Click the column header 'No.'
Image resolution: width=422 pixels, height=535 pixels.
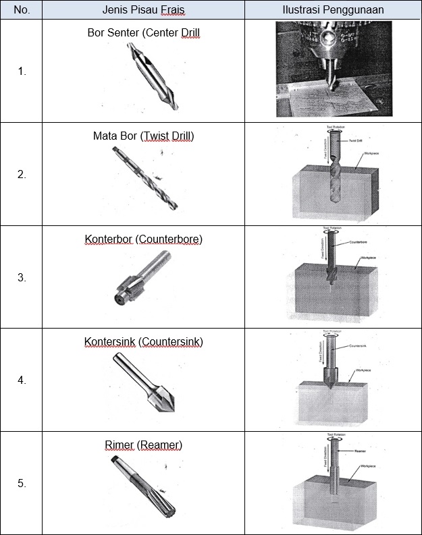pos(22,10)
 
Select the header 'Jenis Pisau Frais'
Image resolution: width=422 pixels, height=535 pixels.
pos(144,10)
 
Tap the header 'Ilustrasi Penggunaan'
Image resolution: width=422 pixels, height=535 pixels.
pos(333,10)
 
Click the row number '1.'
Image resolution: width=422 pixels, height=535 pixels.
pos(22,71)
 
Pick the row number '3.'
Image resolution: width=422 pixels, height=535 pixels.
pos(22,277)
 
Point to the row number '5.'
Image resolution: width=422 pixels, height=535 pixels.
pos(22,483)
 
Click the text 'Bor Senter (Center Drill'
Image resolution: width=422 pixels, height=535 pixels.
pos(144,32)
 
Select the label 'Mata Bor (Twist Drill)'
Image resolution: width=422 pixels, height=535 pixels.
pos(144,136)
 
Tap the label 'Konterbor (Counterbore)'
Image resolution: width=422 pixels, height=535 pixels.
pos(144,239)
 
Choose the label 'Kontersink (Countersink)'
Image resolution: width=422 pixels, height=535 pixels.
pos(144,342)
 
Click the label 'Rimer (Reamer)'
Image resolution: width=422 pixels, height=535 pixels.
pos(144,445)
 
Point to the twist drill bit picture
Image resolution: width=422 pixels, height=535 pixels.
pos(146,178)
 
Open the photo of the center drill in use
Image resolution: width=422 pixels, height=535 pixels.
pos(332,70)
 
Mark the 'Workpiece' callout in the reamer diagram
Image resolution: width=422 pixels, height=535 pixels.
pos(368,466)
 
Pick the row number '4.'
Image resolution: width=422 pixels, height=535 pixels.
pos(22,380)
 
